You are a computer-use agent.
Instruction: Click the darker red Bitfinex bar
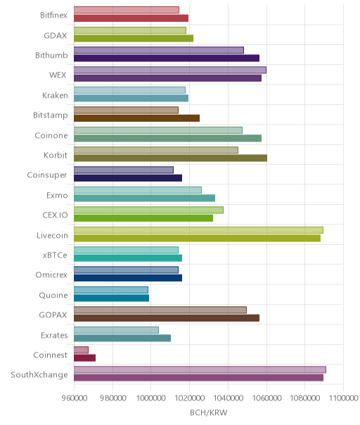point(131,18)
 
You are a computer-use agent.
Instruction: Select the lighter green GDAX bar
point(130,30)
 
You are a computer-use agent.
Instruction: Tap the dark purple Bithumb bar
point(167,58)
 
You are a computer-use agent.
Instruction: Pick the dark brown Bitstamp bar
point(137,118)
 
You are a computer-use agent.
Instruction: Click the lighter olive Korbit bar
point(156,150)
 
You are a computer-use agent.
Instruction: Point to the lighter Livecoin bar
point(198,230)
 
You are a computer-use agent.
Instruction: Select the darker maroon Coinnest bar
point(85,358)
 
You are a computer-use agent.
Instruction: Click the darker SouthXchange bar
point(198,378)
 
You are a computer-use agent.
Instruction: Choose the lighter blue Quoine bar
point(111,290)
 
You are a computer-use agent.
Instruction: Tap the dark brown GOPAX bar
point(167,318)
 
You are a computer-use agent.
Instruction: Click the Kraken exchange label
point(55,96)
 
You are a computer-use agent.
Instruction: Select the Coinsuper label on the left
point(47,175)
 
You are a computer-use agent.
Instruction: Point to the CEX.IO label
point(55,215)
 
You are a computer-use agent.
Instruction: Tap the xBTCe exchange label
point(55,255)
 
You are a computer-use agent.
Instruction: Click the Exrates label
point(54,336)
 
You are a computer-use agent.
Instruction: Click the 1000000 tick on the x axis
point(150,398)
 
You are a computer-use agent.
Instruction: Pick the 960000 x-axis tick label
point(75,398)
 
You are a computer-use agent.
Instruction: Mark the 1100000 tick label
point(343,398)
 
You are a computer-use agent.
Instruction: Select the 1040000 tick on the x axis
point(228,398)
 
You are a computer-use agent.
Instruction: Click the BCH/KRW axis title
point(209,413)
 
